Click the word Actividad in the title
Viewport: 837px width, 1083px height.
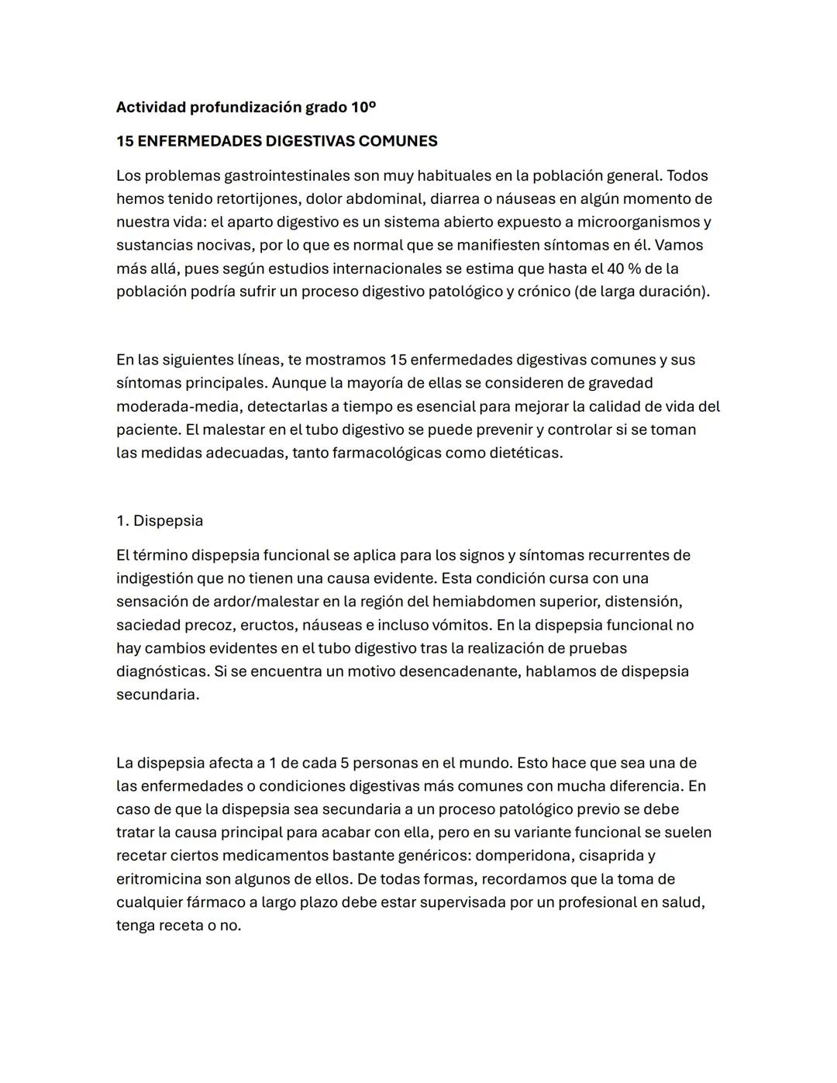(151, 107)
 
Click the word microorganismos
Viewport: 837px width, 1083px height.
(638, 222)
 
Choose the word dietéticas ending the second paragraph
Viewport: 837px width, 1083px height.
(525, 453)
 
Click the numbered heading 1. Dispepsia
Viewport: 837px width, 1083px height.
(160, 521)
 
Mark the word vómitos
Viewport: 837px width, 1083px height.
(462, 625)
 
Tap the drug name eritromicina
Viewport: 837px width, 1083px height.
(158, 879)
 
